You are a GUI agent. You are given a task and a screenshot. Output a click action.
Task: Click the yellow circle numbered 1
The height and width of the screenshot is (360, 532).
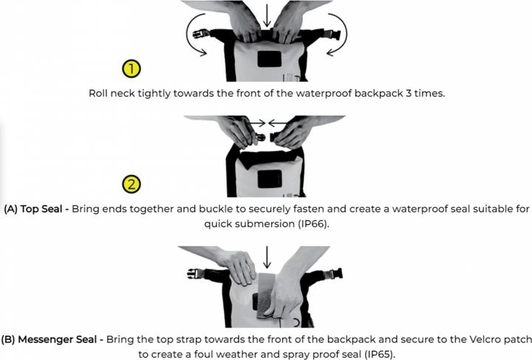tap(132, 69)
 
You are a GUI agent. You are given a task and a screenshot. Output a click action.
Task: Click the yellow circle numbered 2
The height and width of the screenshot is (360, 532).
tap(132, 184)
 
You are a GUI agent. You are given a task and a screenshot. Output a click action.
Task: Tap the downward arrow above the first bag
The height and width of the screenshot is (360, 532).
tap(267, 16)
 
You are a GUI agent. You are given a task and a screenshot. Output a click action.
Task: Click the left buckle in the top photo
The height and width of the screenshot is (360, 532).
tap(201, 34)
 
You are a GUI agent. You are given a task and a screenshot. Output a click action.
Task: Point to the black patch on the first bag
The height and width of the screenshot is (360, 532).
tap(270, 59)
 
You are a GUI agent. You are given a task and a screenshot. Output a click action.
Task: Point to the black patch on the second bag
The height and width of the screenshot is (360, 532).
tap(270, 179)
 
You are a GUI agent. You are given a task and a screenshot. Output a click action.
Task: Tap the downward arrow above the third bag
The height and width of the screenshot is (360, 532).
tap(267, 257)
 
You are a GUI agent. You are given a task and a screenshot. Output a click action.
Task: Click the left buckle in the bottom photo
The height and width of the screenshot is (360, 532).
tap(196, 274)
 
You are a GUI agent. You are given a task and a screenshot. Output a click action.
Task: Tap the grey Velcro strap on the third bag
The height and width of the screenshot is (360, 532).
tap(266, 294)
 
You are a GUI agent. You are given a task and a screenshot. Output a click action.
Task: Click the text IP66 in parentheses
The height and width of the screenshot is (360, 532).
tap(313, 224)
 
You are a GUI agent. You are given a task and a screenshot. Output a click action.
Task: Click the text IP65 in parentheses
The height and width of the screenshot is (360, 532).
tap(380, 354)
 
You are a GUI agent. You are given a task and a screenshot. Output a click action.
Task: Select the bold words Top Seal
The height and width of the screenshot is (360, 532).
tap(41, 208)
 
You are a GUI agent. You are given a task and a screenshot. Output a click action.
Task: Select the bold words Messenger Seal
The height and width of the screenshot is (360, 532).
tap(57, 339)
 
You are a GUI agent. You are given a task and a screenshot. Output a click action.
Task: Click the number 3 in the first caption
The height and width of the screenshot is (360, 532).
tap(409, 93)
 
